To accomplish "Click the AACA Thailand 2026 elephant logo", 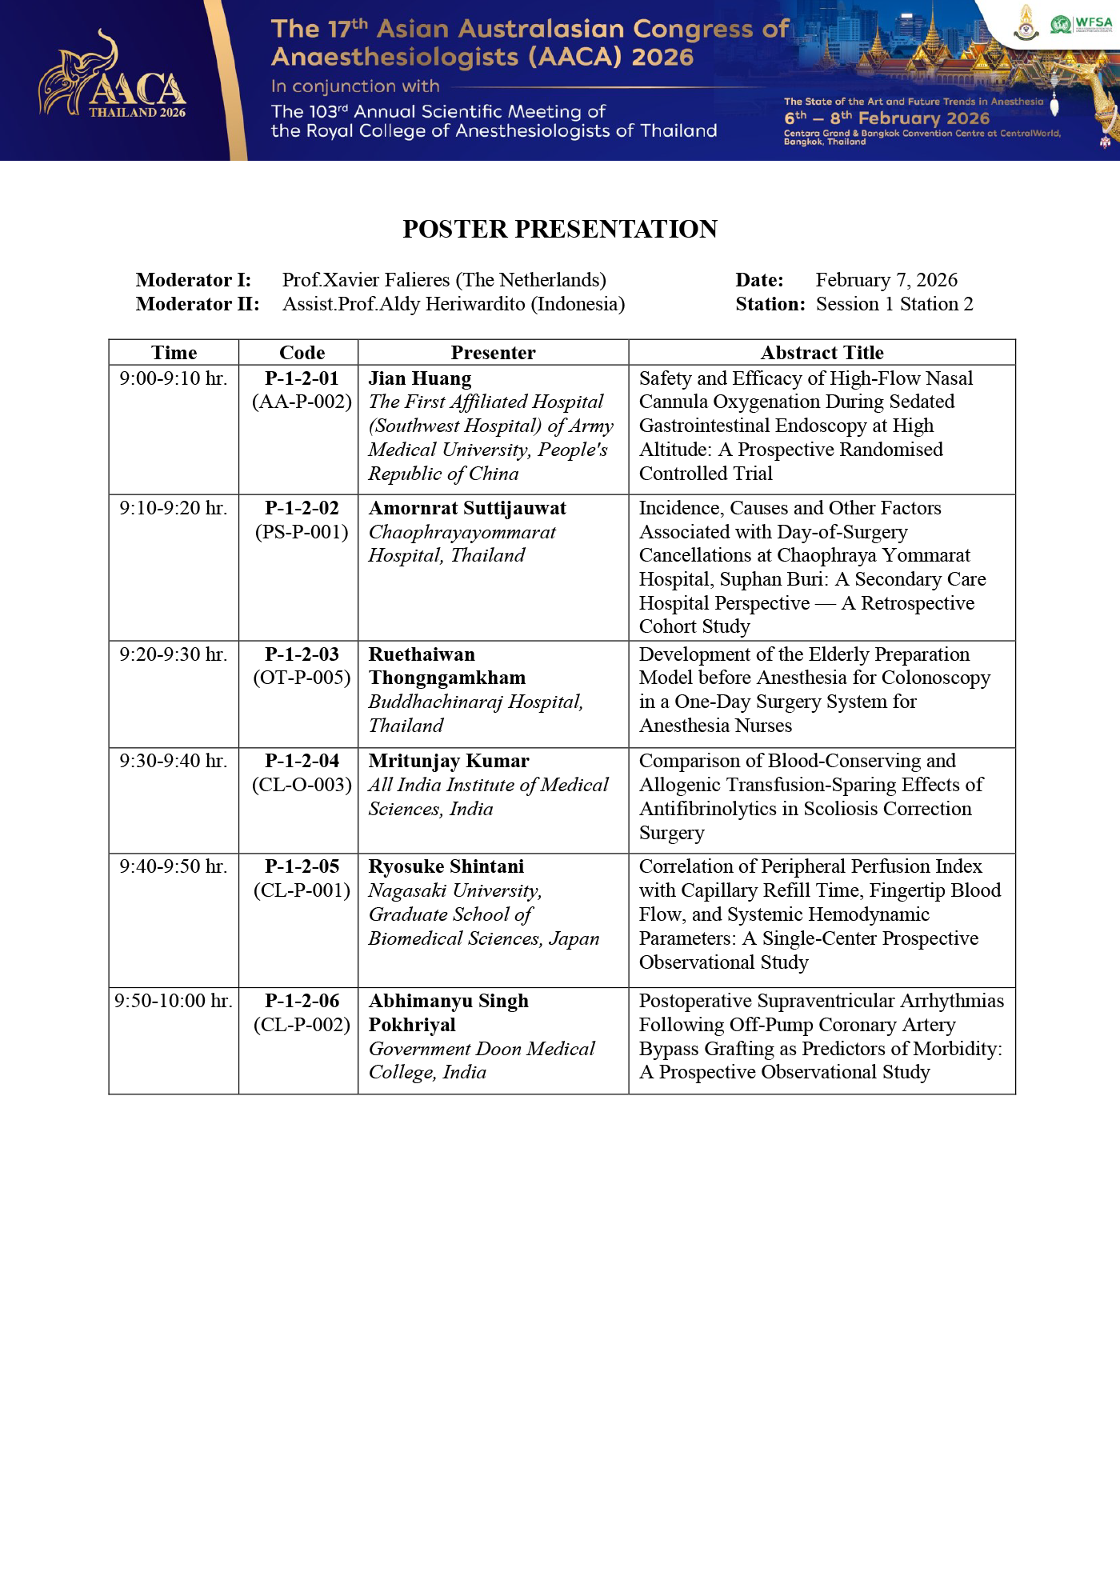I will click(112, 80).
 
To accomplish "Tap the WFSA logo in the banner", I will click(1082, 24).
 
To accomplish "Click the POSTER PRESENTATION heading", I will click(560, 229).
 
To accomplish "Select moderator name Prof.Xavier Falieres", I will click(444, 280).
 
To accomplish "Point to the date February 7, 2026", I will click(886, 280).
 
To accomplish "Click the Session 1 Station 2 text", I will click(894, 304).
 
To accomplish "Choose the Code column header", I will click(302, 353).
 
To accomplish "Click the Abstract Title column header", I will click(822, 353).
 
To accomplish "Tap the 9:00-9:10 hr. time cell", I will click(174, 378).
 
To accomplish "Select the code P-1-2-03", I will click(302, 654).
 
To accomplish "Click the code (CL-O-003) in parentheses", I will click(302, 785).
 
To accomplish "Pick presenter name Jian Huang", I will click(420, 378).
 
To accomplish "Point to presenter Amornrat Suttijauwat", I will click(467, 509).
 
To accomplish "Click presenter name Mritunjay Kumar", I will click(449, 761).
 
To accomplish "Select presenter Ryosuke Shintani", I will click(446, 866).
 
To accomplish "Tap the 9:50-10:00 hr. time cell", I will click(174, 1001).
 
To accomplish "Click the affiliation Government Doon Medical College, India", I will click(481, 1060).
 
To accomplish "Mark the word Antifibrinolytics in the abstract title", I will click(708, 809).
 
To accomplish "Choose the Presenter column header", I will click(493, 353).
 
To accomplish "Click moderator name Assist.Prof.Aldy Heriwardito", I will click(454, 304).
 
